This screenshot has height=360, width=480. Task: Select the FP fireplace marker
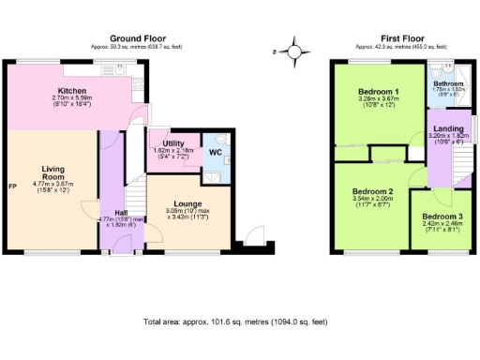click(x=12, y=185)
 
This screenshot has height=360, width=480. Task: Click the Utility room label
click(x=172, y=143)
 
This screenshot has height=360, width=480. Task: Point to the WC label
click(x=214, y=151)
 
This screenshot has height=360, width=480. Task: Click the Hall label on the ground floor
click(x=121, y=213)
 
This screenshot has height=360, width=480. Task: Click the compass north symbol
click(x=294, y=51)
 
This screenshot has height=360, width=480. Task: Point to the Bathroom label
click(x=448, y=83)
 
